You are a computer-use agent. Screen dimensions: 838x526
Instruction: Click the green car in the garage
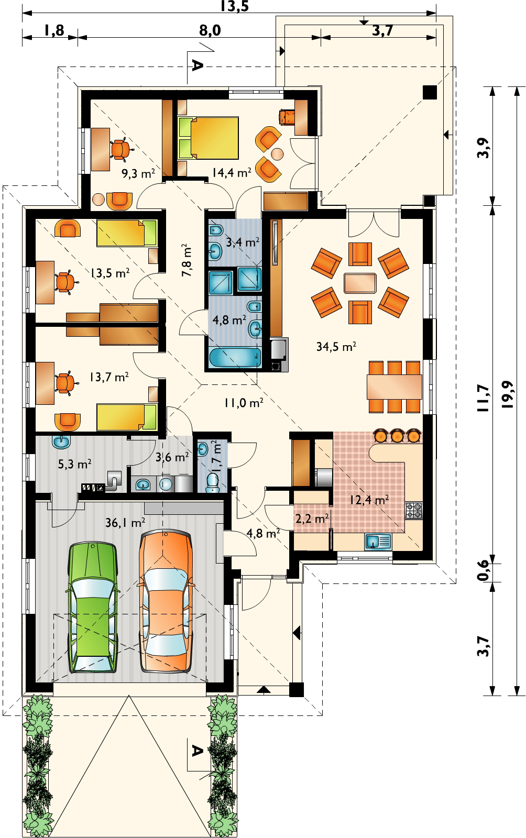pyautogui.click(x=93, y=608)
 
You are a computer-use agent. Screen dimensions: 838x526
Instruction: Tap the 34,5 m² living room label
pyautogui.click(x=336, y=346)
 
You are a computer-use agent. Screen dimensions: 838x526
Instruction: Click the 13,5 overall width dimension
pyautogui.click(x=234, y=6)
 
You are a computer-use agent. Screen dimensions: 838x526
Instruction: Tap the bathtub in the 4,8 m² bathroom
pyautogui.click(x=235, y=358)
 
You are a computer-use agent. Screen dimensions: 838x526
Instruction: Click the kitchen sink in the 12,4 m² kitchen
pyautogui.click(x=378, y=541)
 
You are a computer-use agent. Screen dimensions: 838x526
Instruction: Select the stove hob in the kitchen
pyautogui.click(x=413, y=510)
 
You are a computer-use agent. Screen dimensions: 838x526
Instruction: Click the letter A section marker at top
pyautogui.click(x=196, y=65)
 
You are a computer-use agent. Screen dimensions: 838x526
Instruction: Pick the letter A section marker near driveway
pyautogui.click(x=196, y=751)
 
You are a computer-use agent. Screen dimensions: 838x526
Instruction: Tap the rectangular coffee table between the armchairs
pyautogui.click(x=360, y=283)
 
